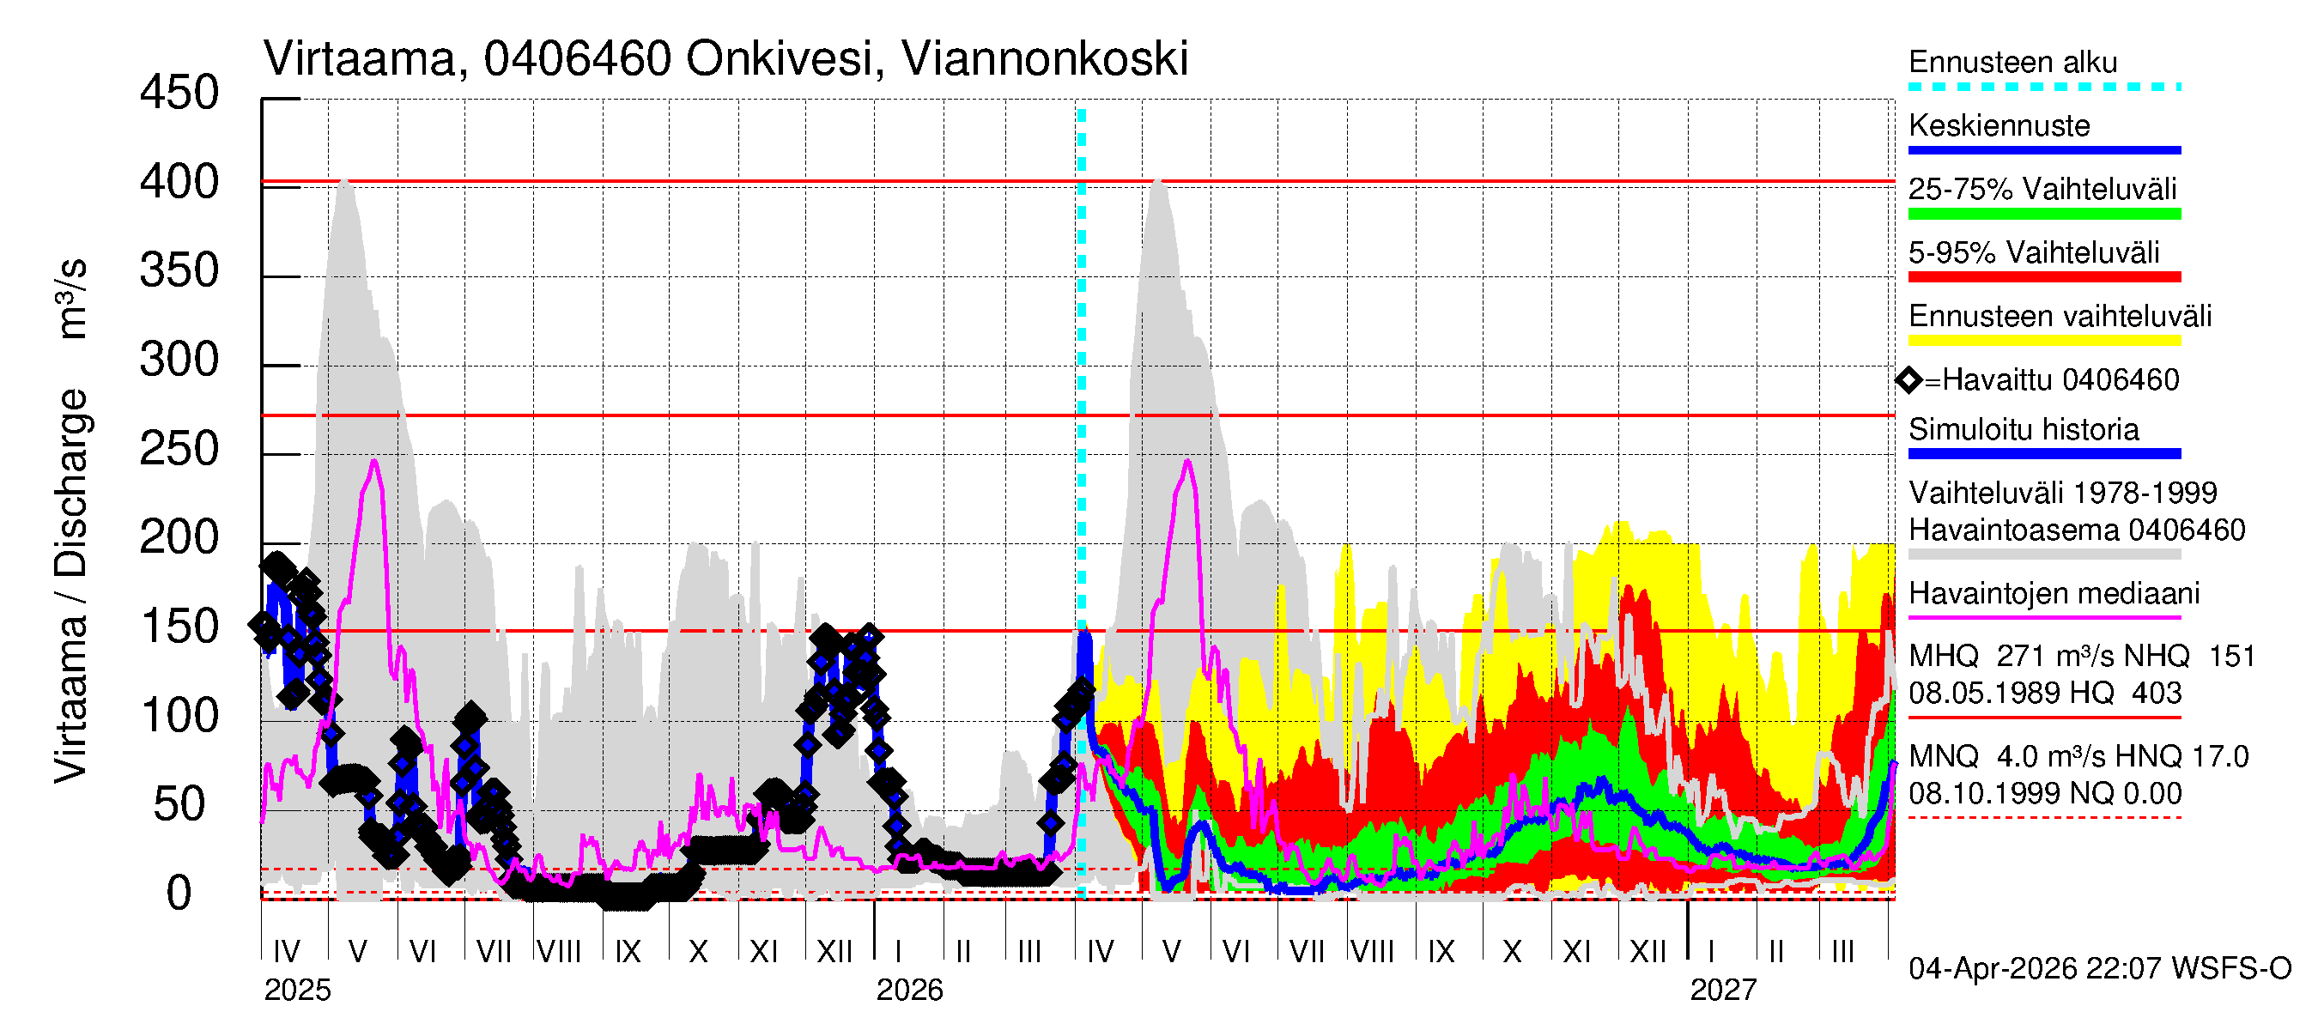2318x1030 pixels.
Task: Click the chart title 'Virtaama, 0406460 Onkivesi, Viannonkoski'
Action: pos(725,59)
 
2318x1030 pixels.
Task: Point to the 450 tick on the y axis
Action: pos(179,94)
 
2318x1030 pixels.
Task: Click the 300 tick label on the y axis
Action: pos(179,360)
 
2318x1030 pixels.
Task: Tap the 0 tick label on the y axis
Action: pos(179,894)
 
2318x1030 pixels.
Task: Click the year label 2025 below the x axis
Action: pos(297,991)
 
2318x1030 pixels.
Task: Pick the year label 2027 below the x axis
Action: pos(1722,991)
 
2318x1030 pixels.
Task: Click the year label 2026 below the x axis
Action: pos(909,991)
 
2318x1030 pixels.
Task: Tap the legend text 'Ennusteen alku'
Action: pos(2012,63)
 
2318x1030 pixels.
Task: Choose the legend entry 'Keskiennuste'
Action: pos(1999,126)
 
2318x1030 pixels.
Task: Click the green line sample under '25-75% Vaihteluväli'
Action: pos(2043,214)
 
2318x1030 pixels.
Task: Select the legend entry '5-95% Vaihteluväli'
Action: pos(2033,252)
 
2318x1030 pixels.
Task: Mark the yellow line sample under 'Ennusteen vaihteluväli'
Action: pos(2043,341)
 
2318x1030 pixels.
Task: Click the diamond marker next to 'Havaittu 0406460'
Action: pos(1908,380)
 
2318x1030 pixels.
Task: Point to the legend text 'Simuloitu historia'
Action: pos(2023,430)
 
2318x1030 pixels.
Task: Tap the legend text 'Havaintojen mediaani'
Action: pos(2054,594)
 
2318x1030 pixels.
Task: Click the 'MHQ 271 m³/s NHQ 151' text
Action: pos(2080,657)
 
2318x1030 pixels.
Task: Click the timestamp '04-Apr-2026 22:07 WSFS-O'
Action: pos(2099,969)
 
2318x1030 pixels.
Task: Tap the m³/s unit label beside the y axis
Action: pos(72,299)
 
